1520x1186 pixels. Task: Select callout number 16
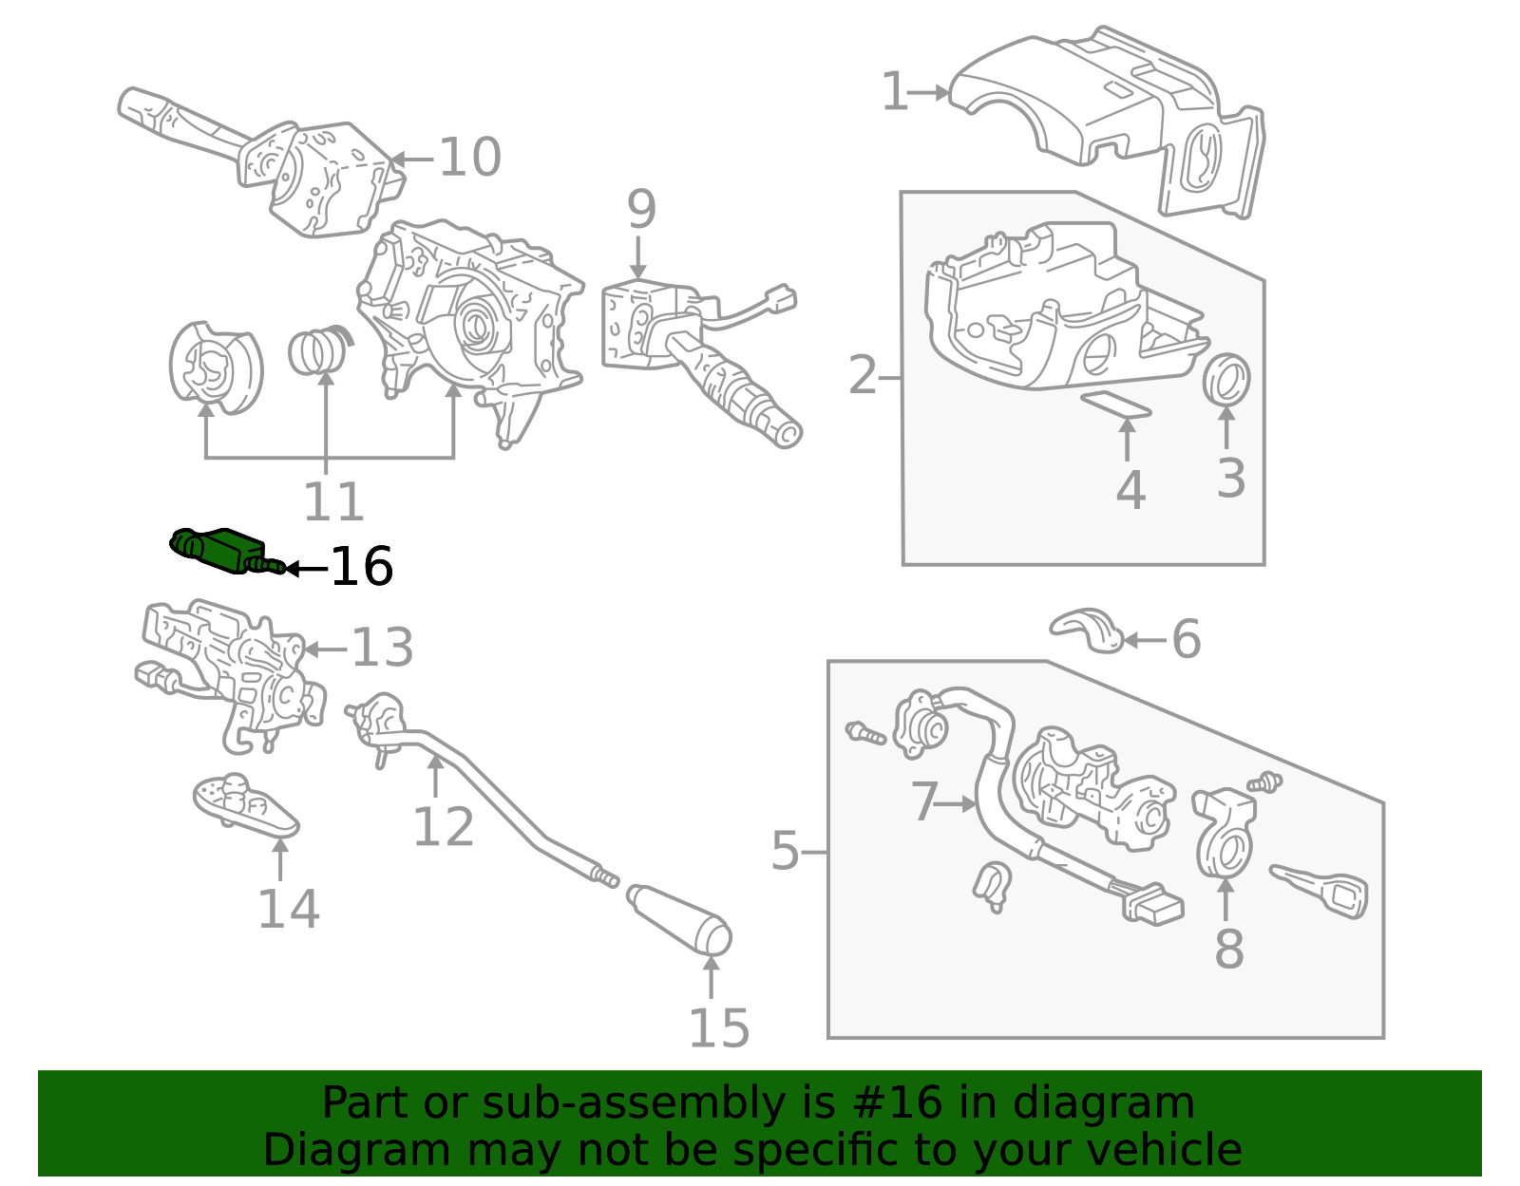pos(362,567)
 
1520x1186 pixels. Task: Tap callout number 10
pos(470,158)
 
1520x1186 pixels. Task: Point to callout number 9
pos(640,209)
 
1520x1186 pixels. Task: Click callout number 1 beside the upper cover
pos(895,91)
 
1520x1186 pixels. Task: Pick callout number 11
pos(333,501)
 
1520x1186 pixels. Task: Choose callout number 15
pos(719,1028)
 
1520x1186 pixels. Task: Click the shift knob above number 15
pos(679,919)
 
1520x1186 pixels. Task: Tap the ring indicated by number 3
pos(1226,380)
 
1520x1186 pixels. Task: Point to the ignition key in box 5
pos(1320,891)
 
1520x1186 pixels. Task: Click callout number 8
pos(1229,949)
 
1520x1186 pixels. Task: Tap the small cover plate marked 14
pos(245,806)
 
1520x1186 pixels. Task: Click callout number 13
pos(382,648)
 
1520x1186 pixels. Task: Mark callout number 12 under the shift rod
pos(444,827)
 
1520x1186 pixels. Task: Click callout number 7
pos(924,801)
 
